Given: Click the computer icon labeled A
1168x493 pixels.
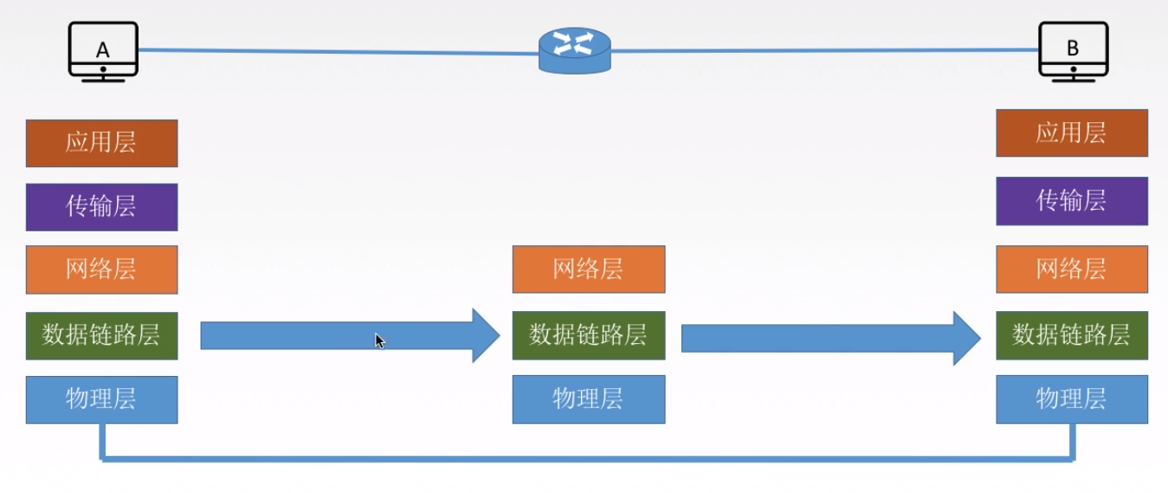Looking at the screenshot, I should [x=103, y=51].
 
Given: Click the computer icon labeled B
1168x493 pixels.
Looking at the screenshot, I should [x=1073, y=51].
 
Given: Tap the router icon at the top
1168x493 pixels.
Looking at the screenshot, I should [x=574, y=49].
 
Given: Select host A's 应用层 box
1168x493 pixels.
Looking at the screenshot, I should [x=101, y=143].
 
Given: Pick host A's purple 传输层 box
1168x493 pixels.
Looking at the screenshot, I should [x=101, y=207].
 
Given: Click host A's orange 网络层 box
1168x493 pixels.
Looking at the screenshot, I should [x=101, y=269].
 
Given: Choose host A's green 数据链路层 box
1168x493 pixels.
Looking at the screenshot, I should [x=101, y=335].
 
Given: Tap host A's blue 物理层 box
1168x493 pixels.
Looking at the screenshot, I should [x=101, y=399].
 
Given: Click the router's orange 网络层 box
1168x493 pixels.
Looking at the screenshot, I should [x=589, y=269].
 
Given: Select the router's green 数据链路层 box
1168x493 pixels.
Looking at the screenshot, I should [x=589, y=335].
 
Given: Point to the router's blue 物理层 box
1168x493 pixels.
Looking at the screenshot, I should [x=589, y=399].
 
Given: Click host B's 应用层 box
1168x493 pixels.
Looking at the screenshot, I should [x=1072, y=133].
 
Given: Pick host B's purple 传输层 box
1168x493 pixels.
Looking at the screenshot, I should [x=1072, y=201].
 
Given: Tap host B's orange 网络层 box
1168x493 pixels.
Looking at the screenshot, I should [x=1072, y=269].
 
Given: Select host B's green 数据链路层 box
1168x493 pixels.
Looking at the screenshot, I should [x=1072, y=335].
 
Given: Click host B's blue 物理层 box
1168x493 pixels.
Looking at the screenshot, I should [x=1072, y=399].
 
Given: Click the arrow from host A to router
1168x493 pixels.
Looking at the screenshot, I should [x=346, y=335].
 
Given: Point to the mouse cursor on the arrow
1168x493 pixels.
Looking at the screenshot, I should [x=380, y=341].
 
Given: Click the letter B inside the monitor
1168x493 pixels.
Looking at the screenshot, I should [x=1073, y=49].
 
